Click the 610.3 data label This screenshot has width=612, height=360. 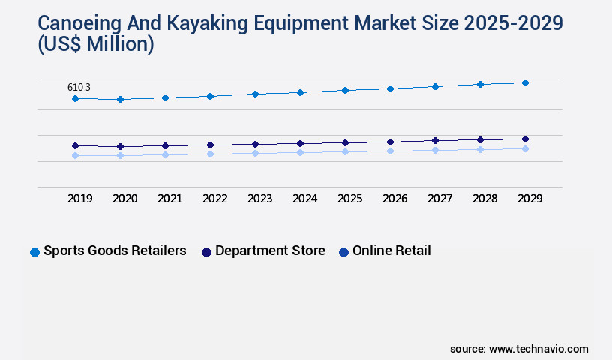[x=79, y=88]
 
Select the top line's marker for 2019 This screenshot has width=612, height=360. [x=75, y=98]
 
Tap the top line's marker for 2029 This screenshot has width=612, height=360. [x=525, y=82]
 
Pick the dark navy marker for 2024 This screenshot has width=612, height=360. [x=300, y=143]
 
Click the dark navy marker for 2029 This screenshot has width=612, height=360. [x=525, y=139]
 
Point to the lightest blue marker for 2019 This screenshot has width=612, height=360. [x=75, y=155]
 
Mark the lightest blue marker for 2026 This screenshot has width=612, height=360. [x=390, y=151]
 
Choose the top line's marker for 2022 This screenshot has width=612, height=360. [x=210, y=96]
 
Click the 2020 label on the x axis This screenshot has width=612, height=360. [x=124, y=199]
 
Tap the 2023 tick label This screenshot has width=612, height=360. [x=259, y=199]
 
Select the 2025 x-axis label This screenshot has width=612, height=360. [x=349, y=199]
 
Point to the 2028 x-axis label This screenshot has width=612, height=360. [x=484, y=199]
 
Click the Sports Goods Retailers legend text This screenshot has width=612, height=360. [x=115, y=250]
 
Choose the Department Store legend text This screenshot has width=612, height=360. [x=270, y=250]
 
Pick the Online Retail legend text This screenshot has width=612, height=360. [x=391, y=250]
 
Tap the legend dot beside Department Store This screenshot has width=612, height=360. [x=206, y=252]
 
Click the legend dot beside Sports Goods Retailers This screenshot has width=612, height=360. [x=34, y=252]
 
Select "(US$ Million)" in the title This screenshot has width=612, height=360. [x=95, y=44]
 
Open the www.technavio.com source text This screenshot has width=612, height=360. [x=538, y=349]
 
